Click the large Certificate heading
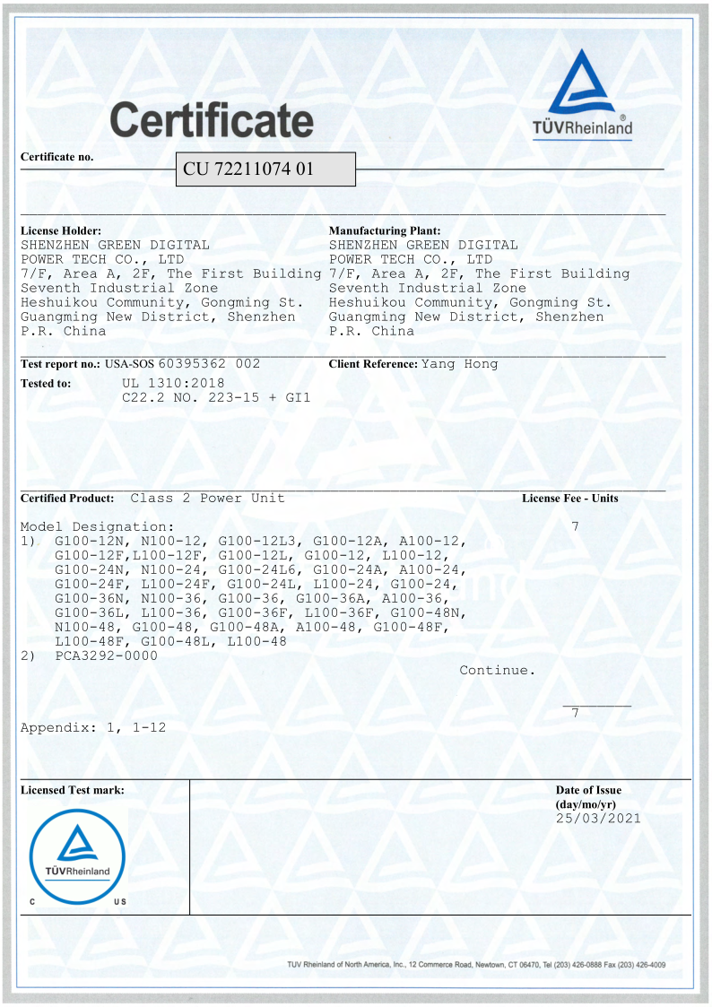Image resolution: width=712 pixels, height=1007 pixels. pos(212,119)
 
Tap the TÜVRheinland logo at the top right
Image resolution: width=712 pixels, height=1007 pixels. pos(583,96)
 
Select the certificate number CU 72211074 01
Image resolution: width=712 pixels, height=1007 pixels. pos(248,169)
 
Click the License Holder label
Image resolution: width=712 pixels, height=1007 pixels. pos(60,231)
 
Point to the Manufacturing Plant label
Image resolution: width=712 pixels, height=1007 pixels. pos(385,231)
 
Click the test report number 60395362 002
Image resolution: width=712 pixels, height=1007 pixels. pos(209,363)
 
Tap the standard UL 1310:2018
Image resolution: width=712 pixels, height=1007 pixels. pos(173,382)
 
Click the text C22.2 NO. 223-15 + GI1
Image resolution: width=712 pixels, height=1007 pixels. pos(215,396)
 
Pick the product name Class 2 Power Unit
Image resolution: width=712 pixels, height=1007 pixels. pos(207,498)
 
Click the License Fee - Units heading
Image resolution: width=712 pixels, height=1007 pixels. pos(569,498)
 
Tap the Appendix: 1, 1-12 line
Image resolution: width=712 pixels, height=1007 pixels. pos(93,727)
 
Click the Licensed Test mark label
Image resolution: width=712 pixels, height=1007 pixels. pos(72,790)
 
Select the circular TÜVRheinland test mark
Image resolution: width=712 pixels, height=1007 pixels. pos(77,855)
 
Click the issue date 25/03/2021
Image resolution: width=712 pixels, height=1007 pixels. pos(598,818)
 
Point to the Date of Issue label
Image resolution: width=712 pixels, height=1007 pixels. pos(588,790)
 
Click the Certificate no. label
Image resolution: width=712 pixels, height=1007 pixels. pos(56,157)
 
